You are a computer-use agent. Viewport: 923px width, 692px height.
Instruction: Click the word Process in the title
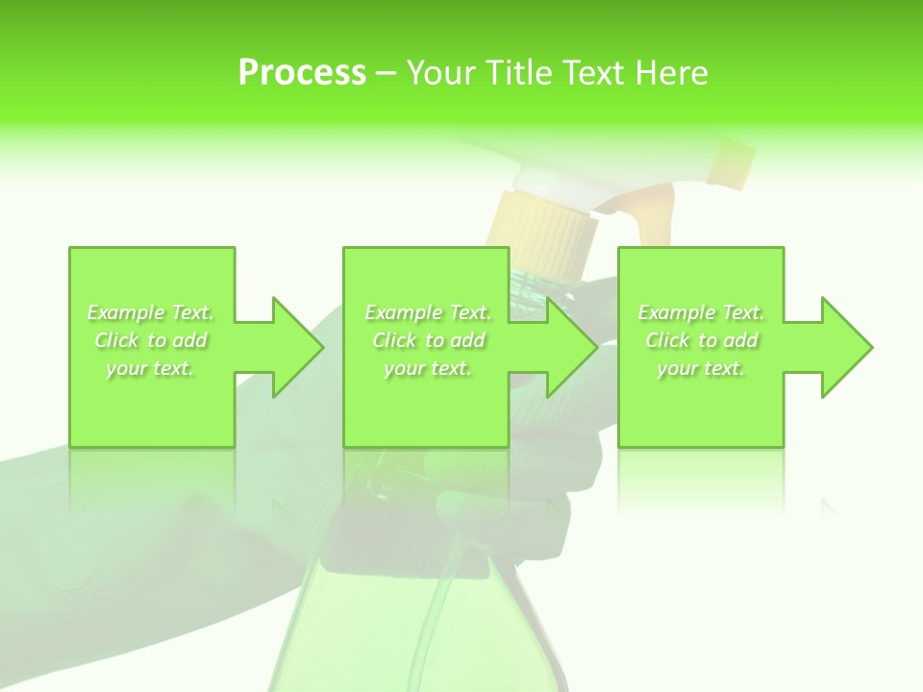pos(302,73)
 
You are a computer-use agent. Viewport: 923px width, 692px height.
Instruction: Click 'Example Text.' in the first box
pos(151,312)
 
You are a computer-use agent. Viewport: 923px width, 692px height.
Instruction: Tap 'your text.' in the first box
pos(151,368)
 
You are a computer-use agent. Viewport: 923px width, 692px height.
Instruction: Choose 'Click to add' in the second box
pos(429,340)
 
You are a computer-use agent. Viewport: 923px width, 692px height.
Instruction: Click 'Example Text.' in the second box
pos(429,312)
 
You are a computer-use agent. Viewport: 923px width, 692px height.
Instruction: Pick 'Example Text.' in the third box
pos(702,312)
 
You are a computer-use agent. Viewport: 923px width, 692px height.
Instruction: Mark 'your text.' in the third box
pos(702,368)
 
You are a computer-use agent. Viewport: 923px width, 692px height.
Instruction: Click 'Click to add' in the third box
pos(702,340)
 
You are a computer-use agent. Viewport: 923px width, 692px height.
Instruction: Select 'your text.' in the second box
pos(429,368)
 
